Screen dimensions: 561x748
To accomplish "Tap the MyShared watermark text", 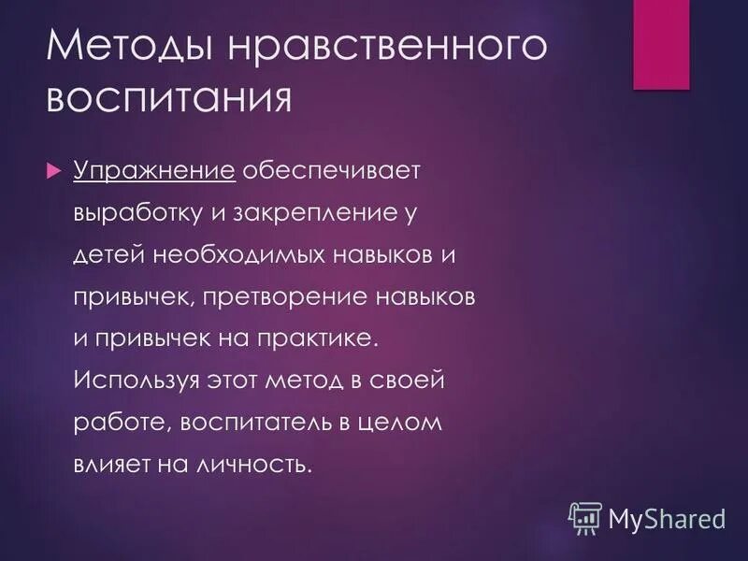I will [667, 517].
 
